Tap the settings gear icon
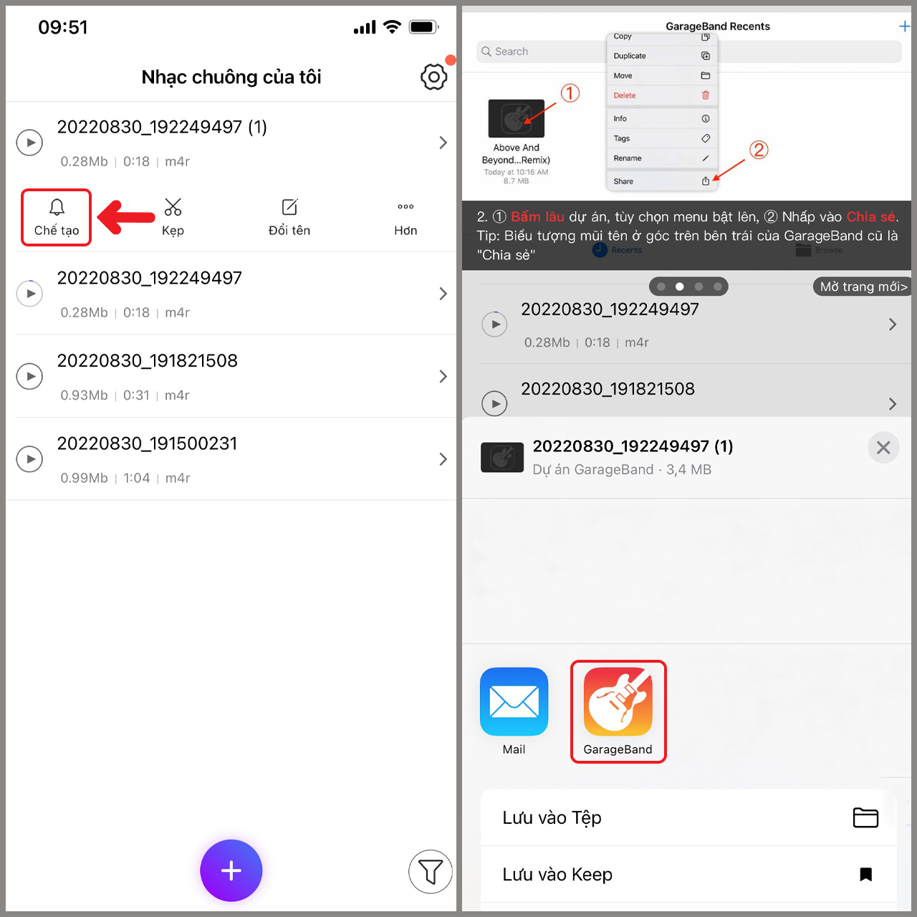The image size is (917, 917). [x=433, y=77]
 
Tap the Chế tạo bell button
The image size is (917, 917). [x=57, y=217]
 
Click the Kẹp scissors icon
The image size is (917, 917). [x=173, y=208]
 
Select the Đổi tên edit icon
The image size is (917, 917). [x=289, y=208]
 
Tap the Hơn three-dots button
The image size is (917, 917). [x=405, y=207]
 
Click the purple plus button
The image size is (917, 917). [x=231, y=870]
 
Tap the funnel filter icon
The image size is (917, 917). [x=430, y=871]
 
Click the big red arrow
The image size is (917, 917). [x=127, y=217]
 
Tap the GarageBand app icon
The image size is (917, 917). [x=618, y=701]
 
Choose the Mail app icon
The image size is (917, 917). [x=514, y=701]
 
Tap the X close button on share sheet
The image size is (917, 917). [x=883, y=448]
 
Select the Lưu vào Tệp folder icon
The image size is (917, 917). [x=865, y=817]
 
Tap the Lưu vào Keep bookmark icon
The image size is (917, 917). [x=865, y=874]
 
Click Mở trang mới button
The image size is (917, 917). [x=863, y=287]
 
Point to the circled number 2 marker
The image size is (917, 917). [x=759, y=150]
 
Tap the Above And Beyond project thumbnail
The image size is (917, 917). [x=516, y=118]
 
